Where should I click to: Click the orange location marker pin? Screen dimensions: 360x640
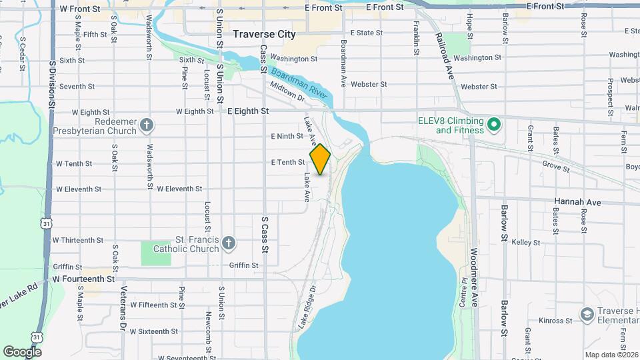coord(321,159)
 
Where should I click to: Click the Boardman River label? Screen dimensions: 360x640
coord(300,82)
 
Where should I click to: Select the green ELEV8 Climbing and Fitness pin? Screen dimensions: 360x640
coord(494,124)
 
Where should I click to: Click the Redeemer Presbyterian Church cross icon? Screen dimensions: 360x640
coord(147,125)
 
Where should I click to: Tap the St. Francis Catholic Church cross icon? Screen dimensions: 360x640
coord(229,243)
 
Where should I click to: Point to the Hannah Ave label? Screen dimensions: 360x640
coord(577,201)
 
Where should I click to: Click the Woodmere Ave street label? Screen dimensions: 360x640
coord(474,280)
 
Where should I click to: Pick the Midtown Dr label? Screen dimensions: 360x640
coord(287,92)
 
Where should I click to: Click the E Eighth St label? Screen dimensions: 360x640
coord(248,111)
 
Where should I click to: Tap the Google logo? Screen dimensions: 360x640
coord(22,351)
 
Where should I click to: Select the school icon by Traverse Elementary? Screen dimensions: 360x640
coord(587,314)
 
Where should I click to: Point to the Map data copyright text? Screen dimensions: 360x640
coord(612,355)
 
